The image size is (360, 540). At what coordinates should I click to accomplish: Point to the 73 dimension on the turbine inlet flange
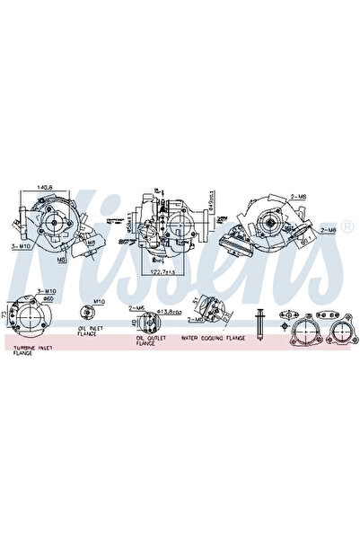5,314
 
